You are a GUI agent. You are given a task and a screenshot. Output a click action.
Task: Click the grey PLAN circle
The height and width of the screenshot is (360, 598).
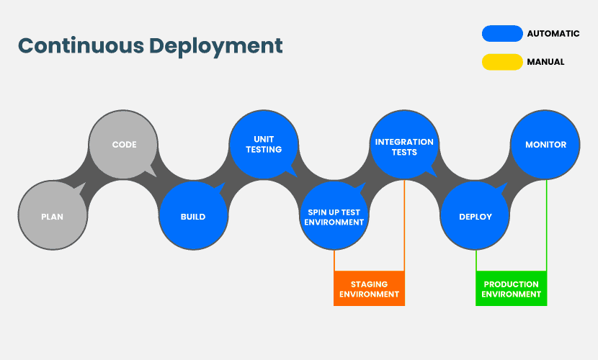(53, 215)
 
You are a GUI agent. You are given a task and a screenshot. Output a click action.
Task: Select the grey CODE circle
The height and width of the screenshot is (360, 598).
(123, 145)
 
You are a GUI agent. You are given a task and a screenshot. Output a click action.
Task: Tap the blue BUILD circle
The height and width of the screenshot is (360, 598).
(193, 215)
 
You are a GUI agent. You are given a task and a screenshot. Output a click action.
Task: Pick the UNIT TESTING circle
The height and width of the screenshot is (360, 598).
(264, 145)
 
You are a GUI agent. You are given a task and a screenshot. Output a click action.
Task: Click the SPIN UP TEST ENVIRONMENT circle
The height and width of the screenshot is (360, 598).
(334, 215)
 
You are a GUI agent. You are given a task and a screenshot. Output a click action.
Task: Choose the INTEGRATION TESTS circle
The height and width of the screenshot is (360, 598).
(405, 145)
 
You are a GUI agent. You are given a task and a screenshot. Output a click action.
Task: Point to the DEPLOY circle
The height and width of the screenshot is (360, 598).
(475, 215)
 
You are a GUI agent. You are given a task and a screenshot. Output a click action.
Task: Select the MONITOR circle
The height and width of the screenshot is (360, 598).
(545, 145)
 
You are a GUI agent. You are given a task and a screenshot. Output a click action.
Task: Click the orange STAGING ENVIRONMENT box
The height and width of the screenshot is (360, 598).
(369, 289)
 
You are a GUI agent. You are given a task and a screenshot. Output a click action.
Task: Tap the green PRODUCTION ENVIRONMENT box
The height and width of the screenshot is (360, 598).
(511, 289)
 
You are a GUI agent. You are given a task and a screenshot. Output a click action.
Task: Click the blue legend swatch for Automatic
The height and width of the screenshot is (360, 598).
(502, 34)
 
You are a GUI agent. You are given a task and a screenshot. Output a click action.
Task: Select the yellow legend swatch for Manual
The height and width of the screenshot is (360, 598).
(502, 62)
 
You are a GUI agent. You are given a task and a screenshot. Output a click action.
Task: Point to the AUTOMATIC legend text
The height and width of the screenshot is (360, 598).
(553, 34)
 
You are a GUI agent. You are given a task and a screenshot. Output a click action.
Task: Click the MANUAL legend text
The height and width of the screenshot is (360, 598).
(545, 62)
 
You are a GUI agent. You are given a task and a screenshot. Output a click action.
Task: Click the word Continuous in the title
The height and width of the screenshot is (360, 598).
(81, 45)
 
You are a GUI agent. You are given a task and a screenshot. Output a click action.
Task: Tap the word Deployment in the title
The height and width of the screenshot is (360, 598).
(216, 47)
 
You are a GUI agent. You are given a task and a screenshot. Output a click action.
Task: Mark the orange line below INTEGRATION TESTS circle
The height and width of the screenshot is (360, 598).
(404, 225)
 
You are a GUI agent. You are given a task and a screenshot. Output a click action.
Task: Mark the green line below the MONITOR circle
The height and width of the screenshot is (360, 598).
(546, 225)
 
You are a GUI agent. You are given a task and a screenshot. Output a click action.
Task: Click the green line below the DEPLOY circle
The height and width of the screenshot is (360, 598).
(476, 261)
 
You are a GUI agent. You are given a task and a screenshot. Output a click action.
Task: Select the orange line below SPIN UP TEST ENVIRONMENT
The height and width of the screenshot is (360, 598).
(334, 261)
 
